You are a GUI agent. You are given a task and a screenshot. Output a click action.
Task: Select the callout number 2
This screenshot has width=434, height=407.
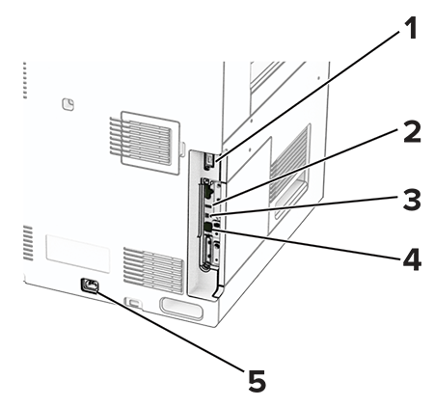[412, 131]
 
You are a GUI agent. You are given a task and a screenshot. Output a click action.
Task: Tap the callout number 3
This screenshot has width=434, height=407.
[412, 200]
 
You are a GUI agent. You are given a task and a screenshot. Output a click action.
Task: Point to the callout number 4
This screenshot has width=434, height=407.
[412, 258]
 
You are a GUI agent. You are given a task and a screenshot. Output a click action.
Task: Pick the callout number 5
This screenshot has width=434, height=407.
[257, 380]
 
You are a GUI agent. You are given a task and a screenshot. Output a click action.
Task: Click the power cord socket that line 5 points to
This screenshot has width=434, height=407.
[90, 285]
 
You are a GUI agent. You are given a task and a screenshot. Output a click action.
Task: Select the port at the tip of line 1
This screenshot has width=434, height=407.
[209, 159]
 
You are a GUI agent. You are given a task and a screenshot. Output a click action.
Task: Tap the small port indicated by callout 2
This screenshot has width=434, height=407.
[208, 204]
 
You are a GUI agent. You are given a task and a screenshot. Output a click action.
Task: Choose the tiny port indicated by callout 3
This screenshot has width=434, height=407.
[207, 214]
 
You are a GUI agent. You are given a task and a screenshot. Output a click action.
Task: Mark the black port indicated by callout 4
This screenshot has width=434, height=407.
[208, 227]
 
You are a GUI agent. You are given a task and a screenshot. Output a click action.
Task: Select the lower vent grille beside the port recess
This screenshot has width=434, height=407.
[153, 269]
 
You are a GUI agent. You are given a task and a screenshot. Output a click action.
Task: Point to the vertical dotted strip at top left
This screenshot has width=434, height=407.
[25, 80]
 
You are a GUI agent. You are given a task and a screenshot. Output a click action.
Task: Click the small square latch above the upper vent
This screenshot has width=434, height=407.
[68, 104]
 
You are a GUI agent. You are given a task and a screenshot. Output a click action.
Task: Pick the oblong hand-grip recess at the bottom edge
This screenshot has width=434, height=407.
[181, 309]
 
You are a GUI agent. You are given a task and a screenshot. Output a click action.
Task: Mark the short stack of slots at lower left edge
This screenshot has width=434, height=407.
[28, 243]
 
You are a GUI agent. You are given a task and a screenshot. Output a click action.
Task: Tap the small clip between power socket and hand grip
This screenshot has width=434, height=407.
[134, 302]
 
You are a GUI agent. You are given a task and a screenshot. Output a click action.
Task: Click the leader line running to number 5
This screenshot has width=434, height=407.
[170, 330]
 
